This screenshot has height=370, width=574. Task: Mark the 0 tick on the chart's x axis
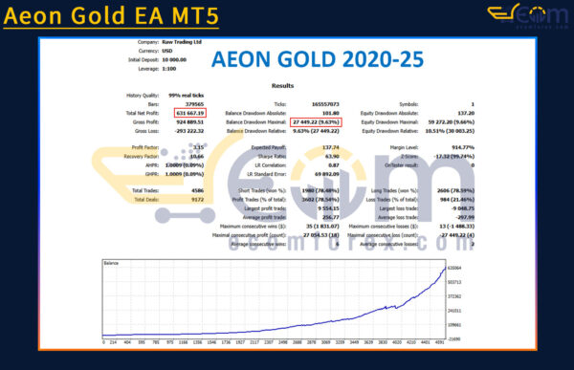(x=102, y=339)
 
